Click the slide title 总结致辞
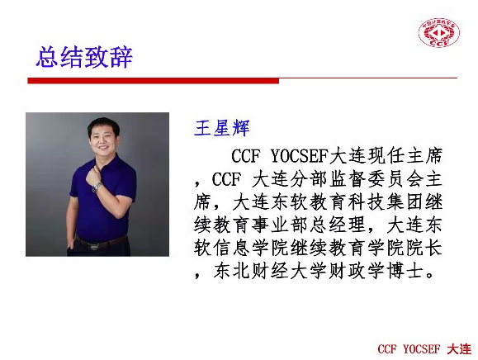click(84, 57)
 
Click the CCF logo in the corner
click(439, 33)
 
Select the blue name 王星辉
click(222, 128)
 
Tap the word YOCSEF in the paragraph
click(299, 156)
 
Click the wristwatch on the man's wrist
click(97, 187)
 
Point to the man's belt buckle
click(92, 244)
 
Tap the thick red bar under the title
click(154, 81)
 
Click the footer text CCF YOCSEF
click(409, 349)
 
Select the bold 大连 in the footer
click(459, 349)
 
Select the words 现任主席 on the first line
click(405, 156)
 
